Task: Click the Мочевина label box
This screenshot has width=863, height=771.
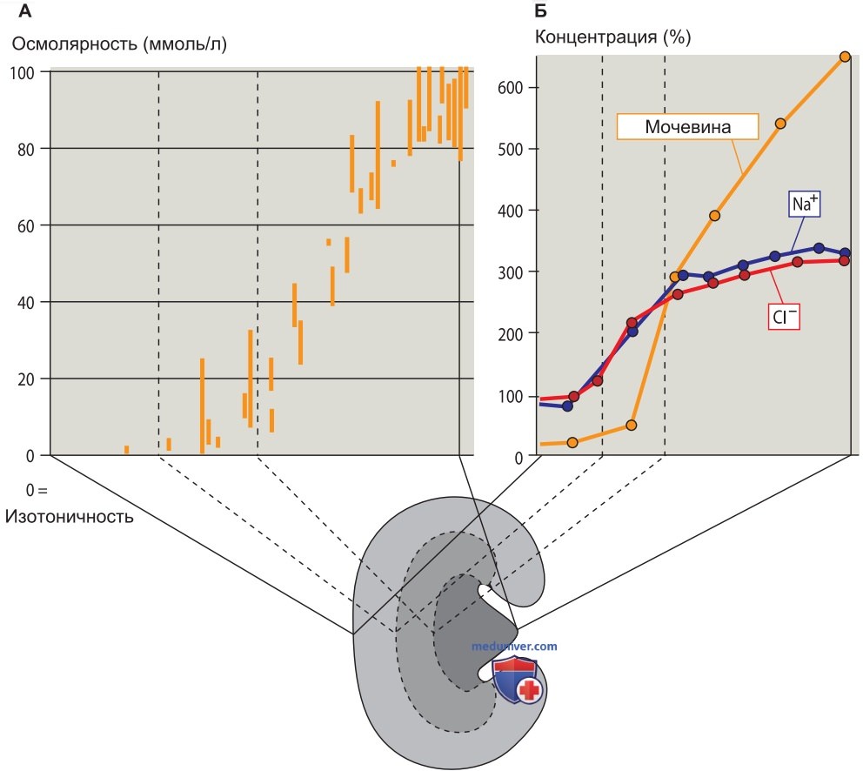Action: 687,127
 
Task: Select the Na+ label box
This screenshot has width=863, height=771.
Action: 805,204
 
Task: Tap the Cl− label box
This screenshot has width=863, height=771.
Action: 784,316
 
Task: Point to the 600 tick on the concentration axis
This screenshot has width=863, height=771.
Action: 510,88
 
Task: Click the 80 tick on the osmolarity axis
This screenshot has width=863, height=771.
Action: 25,150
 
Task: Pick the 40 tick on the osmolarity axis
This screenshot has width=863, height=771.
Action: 25,302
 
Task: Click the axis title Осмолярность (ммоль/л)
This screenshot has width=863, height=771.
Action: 119,44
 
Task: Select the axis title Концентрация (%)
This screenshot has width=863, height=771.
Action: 612,37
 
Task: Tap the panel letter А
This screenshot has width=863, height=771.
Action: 24,10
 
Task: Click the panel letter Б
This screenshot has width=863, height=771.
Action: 540,10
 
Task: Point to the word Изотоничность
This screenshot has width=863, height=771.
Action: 70,517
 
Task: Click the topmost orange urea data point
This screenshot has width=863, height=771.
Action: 845,57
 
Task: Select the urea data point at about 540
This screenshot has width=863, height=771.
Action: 780,124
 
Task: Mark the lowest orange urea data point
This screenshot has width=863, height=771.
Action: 572,442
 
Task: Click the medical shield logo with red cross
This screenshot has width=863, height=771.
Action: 518,681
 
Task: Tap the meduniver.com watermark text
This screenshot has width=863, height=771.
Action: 514,646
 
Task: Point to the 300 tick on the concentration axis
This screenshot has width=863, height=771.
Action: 510,272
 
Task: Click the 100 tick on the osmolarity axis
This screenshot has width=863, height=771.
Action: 22,73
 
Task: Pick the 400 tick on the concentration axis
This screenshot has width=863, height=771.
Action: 510,211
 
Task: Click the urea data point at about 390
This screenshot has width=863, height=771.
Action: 714,215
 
